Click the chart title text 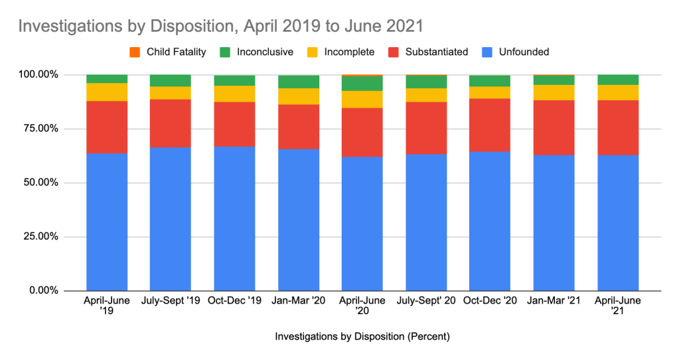220,27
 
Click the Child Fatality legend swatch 135,52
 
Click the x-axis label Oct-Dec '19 234,301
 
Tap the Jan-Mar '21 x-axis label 554,301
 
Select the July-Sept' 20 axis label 426,301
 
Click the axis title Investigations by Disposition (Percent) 362,337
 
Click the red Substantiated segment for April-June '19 106,127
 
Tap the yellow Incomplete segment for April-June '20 362,99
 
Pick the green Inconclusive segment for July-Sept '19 170,80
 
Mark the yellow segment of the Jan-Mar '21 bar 554,92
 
